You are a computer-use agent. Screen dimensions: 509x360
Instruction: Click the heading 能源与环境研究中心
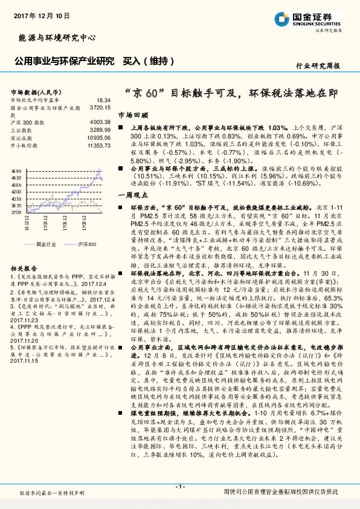pyautogui.click(x=54, y=37)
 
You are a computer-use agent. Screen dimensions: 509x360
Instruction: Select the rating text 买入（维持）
pyautogui.click(x=149, y=61)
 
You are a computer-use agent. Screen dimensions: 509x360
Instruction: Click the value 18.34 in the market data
pyautogui.click(x=103, y=99)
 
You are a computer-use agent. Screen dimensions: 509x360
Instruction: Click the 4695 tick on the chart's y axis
pyautogui.click(x=16, y=172)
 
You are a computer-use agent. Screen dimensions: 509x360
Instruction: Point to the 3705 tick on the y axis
pyautogui.click(x=16, y=213)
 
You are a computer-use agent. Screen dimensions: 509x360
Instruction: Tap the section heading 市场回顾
pyautogui.click(x=132, y=114)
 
